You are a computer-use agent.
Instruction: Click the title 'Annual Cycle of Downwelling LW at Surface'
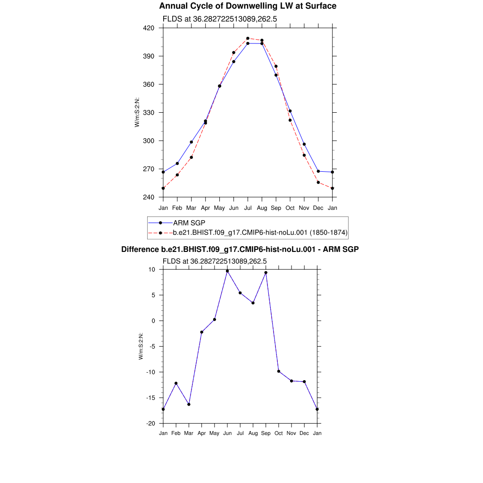pyautogui.click(x=248, y=6)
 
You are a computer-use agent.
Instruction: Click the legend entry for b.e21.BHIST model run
pyautogui.click(x=260, y=232)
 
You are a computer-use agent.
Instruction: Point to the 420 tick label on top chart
pyautogui.click(x=149, y=28)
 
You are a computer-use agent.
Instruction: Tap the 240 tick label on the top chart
pyautogui.click(x=149, y=197)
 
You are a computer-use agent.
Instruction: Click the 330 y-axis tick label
pyautogui.click(x=149, y=113)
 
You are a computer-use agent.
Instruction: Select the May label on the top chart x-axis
pyautogui.click(x=219, y=208)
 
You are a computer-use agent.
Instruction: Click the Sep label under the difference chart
pyautogui.click(x=266, y=433)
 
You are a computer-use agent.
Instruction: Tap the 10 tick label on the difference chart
pyautogui.click(x=152, y=269)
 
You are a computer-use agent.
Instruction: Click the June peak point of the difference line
pyautogui.click(x=227, y=271)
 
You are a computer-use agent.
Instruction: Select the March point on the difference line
pyautogui.click(x=189, y=404)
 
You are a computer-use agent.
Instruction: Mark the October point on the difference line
pyautogui.click(x=279, y=371)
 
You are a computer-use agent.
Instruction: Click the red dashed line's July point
pyautogui.click(x=248, y=39)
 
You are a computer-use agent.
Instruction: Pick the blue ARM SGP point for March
pyautogui.click(x=191, y=142)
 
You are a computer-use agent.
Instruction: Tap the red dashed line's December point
pyautogui.click(x=318, y=182)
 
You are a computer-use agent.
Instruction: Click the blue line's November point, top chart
pyautogui.click(x=304, y=144)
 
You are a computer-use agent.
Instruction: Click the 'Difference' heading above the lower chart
pyautogui.click(x=240, y=249)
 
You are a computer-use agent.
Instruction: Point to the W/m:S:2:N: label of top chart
pyautogui.click(x=137, y=112)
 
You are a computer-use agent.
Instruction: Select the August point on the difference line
pyautogui.click(x=253, y=303)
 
